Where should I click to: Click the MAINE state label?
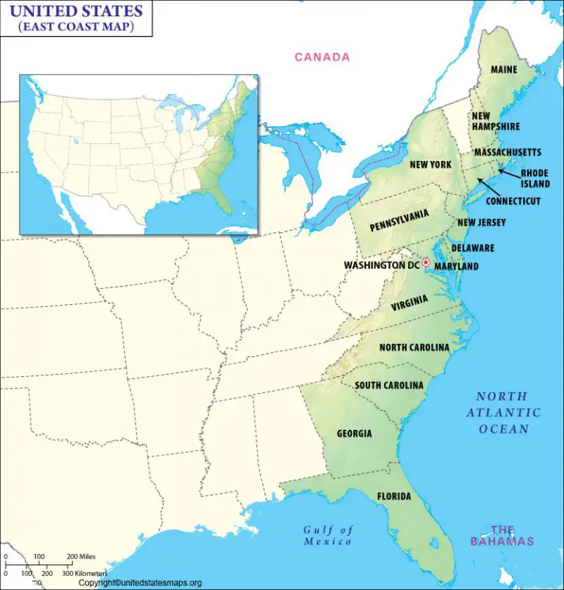(504, 70)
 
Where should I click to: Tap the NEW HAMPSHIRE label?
(496, 121)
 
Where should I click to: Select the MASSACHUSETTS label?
(507, 152)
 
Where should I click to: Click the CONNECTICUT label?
(513, 201)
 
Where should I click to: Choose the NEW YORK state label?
(430, 165)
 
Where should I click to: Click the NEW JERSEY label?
(481, 223)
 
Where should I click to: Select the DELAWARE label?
(472, 248)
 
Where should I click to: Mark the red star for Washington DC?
(425, 263)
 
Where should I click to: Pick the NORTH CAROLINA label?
(414, 347)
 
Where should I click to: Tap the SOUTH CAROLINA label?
(389, 385)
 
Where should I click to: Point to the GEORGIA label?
(354, 433)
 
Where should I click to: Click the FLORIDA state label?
(394, 497)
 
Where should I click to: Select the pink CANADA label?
(322, 57)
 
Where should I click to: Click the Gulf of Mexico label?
(328, 536)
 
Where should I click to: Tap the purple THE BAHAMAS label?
(502, 535)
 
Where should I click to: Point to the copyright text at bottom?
(140, 583)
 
